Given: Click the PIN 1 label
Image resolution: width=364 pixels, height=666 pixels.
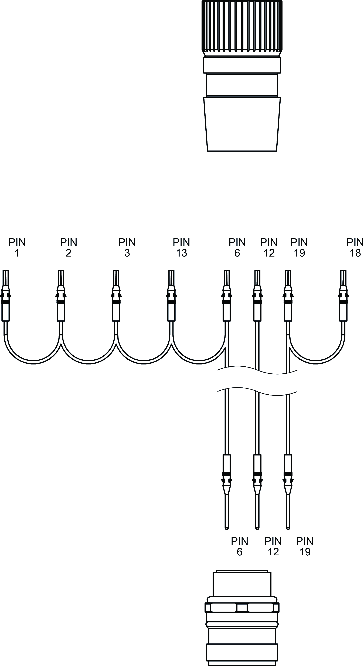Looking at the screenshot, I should tap(17, 247).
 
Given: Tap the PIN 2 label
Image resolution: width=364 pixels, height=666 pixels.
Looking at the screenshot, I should tap(69, 247).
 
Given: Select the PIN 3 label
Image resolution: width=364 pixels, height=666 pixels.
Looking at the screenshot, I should tap(127, 247).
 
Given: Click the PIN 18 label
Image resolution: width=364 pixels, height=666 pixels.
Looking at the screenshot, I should tap(355, 247).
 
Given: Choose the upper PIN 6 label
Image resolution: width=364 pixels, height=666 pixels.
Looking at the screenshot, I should tap(237, 247).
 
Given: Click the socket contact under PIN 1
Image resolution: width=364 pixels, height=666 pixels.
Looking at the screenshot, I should tap(6, 296).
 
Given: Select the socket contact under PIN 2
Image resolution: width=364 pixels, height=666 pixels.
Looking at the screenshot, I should tap(61, 296).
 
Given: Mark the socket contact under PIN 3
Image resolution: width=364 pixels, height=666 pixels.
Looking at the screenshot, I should tap(116, 296).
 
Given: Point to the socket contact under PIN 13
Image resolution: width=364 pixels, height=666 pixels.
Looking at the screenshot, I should tap(171, 296).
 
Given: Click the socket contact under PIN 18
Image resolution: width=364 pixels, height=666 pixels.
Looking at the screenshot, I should tap(343, 296).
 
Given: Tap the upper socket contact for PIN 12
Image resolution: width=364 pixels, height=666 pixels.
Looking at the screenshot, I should tap(257, 296).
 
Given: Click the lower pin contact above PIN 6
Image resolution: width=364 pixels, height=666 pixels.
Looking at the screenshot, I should tap(227, 486).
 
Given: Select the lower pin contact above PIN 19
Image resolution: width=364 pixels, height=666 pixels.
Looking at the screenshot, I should tap(288, 486).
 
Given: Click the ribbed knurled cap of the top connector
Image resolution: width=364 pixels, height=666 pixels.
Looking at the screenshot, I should tap(242, 26).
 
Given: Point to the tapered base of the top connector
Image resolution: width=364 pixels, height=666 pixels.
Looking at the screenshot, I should tap(242, 124).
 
